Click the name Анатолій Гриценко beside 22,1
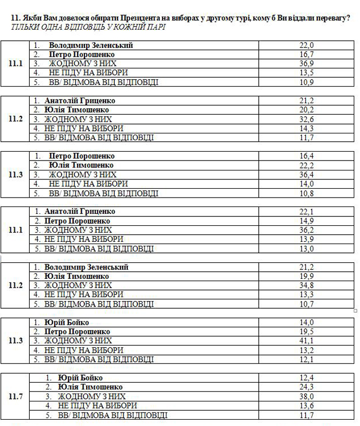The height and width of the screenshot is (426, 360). (80, 212)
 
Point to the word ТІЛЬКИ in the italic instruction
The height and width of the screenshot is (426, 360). (23, 27)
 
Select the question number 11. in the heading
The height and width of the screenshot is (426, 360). (16, 18)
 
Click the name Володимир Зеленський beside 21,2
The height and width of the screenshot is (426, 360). (86, 267)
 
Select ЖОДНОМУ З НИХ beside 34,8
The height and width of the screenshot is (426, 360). (78, 285)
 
